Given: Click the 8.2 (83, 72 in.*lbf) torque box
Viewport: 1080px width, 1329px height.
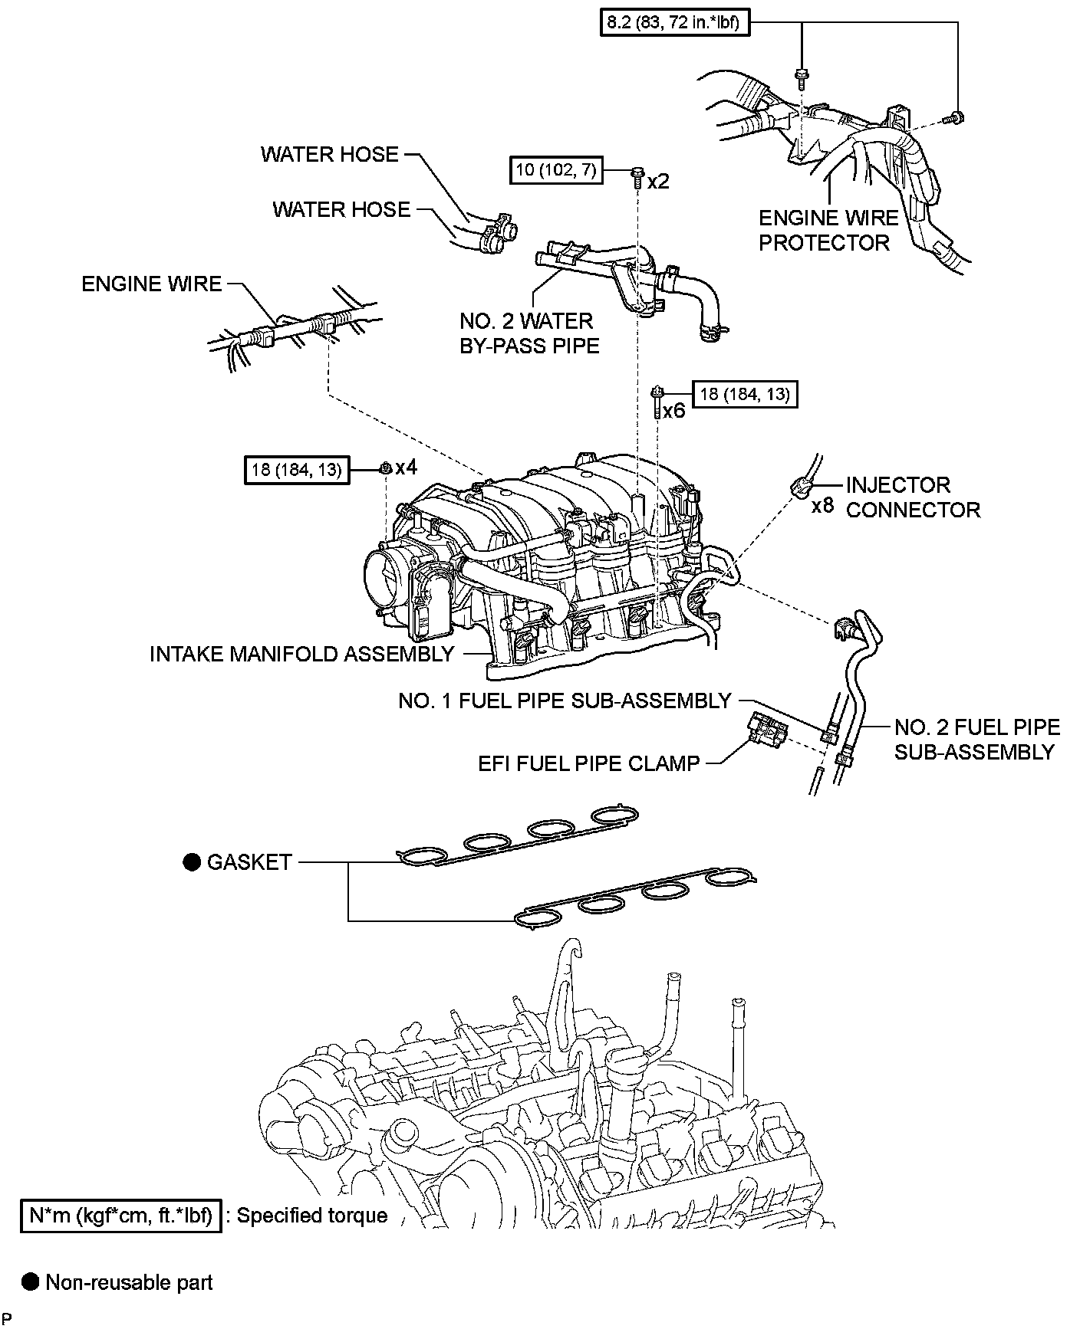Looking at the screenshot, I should tap(673, 23).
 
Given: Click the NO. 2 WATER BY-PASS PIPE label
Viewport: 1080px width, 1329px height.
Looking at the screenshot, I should tap(528, 333).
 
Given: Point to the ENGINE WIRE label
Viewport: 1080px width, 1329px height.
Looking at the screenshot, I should tap(151, 284).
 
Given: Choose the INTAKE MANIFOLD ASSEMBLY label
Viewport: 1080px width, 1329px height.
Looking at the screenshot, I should tap(301, 654).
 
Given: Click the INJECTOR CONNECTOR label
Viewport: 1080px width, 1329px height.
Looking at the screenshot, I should tap(912, 497).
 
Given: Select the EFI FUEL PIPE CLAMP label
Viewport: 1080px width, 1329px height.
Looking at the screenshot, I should tap(588, 763).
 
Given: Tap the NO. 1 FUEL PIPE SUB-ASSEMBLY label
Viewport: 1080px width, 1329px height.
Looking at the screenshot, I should tap(565, 701).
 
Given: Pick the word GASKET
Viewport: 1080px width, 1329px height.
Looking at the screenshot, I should tap(249, 862).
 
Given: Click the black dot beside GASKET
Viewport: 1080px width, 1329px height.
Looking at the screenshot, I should tap(190, 862).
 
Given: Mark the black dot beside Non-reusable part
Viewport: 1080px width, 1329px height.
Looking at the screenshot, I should tap(31, 1282).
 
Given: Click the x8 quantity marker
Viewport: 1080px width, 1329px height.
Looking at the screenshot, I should tap(822, 507).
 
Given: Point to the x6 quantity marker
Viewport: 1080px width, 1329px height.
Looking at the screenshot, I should tap(673, 411).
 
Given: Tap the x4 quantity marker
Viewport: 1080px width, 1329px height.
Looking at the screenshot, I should tap(406, 467).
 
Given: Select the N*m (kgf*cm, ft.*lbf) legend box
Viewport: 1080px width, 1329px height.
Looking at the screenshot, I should tap(121, 1216).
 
